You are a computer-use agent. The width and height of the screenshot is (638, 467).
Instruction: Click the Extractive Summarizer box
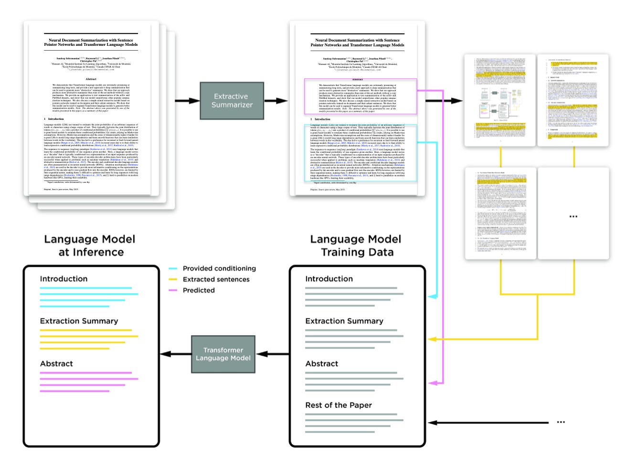(x=232, y=101)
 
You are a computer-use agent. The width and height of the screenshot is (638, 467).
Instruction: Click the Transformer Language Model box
(x=223, y=354)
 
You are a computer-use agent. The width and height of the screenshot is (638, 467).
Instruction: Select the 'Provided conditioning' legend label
(x=219, y=268)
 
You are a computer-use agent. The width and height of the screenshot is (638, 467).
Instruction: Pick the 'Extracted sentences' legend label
(x=216, y=279)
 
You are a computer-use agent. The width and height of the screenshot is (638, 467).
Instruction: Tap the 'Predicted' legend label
(x=199, y=290)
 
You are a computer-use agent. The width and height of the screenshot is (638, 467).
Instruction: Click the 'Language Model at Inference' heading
(x=90, y=245)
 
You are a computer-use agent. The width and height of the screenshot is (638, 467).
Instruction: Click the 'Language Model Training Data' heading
(x=356, y=245)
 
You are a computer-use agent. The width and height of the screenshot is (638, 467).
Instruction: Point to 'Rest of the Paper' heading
(x=339, y=405)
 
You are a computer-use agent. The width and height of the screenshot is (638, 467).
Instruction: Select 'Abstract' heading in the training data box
(x=322, y=363)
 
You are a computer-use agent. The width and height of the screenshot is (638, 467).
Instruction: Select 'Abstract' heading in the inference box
(x=56, y=363)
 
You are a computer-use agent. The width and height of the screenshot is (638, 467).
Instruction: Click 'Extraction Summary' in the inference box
(x=79, y=321)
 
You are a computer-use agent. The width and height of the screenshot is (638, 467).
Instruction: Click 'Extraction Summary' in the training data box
(x=344, y=321)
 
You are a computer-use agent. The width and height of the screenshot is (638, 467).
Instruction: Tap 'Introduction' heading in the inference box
(x=64, y=278)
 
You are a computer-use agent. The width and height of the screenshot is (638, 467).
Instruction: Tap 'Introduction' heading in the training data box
(x=329, y=278)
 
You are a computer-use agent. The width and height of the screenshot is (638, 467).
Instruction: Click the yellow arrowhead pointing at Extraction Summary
(x=432, y=339)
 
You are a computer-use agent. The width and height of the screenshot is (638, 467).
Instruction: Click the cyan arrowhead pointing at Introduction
(x=432, y=297)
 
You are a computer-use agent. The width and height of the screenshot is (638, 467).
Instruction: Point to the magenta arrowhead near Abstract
(x=432, y=383)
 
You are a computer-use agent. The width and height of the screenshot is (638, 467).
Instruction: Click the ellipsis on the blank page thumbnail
(x=574, y=216)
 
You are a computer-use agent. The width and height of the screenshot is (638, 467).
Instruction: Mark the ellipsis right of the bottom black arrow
(x=561, y=422)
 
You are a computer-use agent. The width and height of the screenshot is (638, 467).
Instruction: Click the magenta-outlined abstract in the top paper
(x=361, y=96)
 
